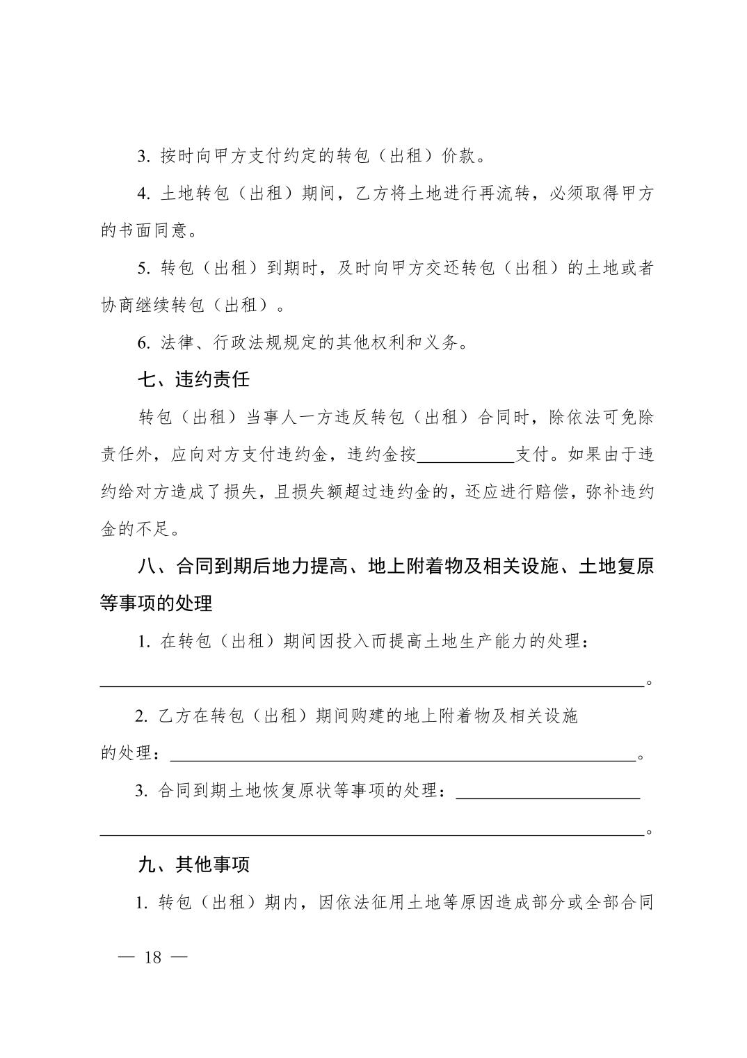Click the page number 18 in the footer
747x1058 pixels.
152,957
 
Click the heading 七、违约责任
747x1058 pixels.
193,380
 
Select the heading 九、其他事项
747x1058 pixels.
193,864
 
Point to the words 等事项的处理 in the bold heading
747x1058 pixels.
156,603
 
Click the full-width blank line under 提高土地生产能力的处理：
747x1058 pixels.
372,684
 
